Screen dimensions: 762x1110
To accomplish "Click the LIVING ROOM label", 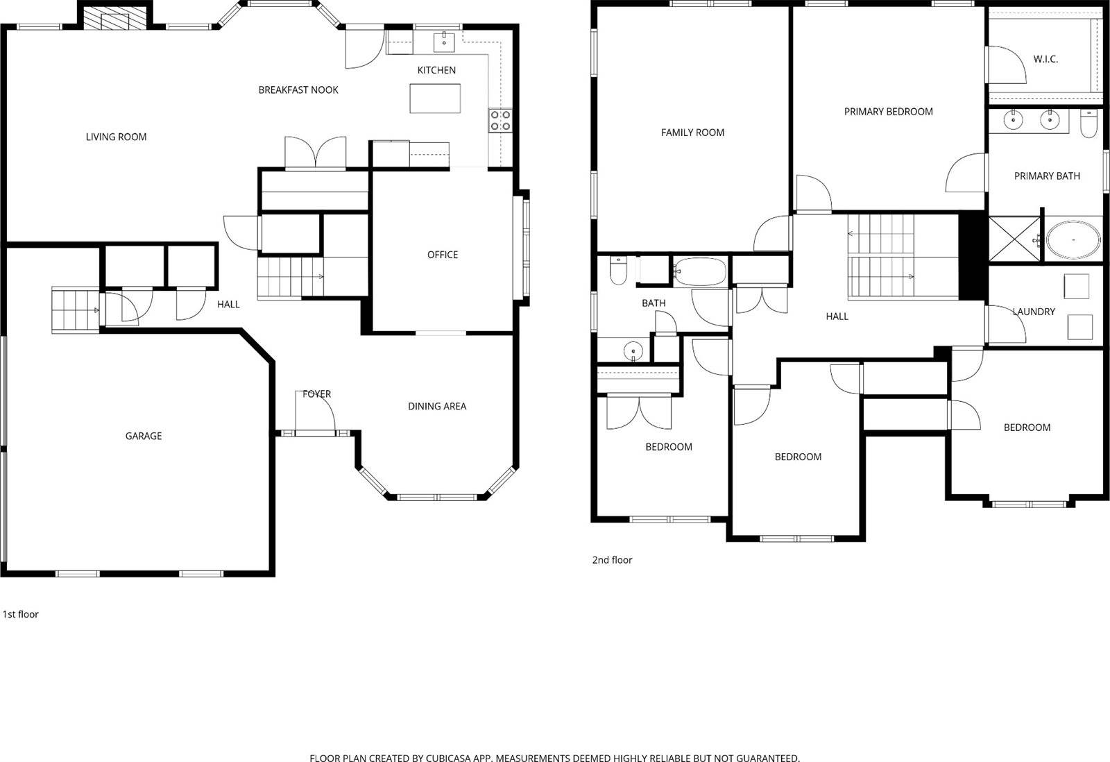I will point(116,137).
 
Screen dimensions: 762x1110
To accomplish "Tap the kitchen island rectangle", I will point(435,98).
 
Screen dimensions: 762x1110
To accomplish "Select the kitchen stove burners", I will point(499,120).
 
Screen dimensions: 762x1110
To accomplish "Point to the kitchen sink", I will point(444,41).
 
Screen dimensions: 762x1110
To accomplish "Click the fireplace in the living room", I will point(115,18).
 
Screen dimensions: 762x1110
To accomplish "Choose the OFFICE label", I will point(443,255).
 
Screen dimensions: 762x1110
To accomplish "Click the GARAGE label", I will point(144,436).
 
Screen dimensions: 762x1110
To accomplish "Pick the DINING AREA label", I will point(437,406).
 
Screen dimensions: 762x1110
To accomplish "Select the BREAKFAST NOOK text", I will point(298,90).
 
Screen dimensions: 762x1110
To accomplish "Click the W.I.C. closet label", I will point(1045,59).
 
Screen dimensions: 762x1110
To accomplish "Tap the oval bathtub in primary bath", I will point(1073,240).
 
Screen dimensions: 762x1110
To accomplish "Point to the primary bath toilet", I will point(1088,123).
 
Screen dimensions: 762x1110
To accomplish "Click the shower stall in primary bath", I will point(1014,240).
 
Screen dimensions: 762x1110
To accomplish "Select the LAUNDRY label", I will point(1034,312).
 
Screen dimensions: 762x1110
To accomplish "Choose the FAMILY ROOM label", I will point(692,133).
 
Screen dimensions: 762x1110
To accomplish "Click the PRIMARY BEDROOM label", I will point(888,111).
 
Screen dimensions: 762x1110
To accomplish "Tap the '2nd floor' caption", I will point(612,560).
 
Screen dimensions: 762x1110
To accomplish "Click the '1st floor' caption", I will point(21,614).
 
